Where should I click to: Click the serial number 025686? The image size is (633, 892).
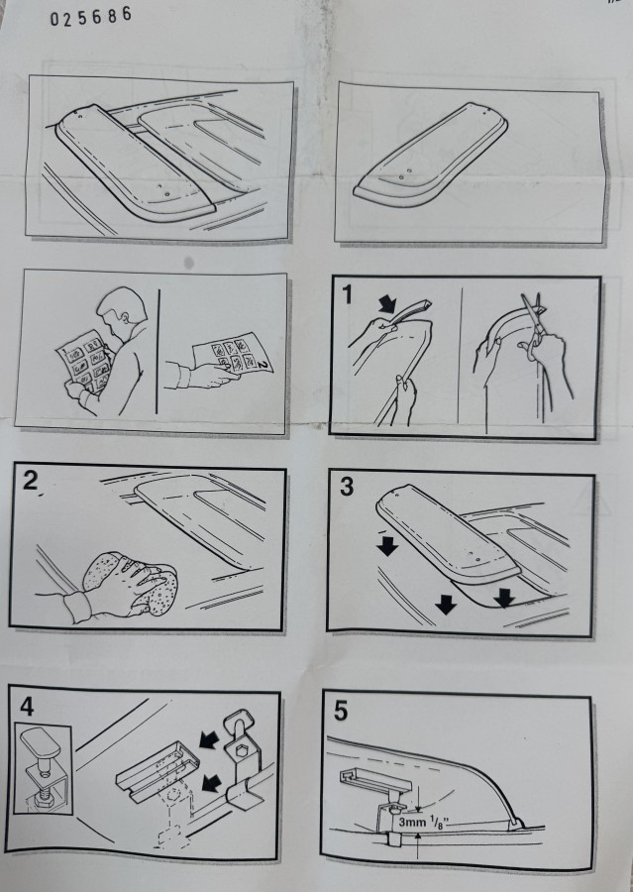click(x=91, y=17)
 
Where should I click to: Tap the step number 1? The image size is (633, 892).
click(x=347, y=294)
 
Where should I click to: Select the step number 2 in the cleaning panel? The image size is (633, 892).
click(x=30, y=481)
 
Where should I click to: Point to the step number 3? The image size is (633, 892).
click(x=347, y=487)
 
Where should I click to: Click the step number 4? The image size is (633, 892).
click(x=27, y=707)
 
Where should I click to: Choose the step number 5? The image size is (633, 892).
click(x=340, y=711)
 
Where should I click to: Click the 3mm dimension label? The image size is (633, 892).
click(x=412, y=822)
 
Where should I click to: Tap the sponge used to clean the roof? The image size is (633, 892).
click(x=131, y=583)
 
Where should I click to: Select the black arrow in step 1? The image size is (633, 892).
click(x=389, y=303)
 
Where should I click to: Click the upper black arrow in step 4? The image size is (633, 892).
click(x=209, y=739)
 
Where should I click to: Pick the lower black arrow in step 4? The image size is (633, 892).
click(x=212, y=783)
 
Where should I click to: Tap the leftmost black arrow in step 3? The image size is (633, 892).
click(x=388, y=546)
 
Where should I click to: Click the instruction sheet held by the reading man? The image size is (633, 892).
click(x=85, y=361)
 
